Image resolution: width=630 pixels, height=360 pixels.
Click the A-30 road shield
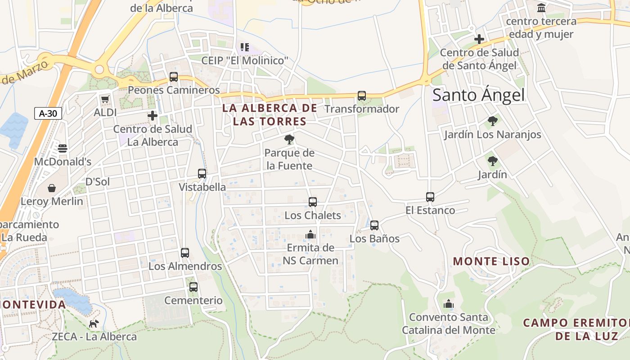[48, 113]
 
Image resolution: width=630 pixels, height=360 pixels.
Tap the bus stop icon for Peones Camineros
[174, 77]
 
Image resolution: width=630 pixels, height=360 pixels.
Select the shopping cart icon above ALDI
[105, 99]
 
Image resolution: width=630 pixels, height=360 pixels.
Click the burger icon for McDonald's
[63, 148]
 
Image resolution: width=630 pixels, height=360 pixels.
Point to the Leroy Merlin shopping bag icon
[52, 188]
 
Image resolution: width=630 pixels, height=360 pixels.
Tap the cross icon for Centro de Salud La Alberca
[153, 116]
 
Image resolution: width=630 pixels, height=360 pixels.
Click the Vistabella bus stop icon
[202, 174]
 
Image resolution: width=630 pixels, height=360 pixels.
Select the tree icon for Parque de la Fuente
[289, 139]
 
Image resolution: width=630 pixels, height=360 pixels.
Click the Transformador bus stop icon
[362, 96]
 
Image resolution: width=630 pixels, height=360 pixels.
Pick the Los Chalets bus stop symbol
[313, 202]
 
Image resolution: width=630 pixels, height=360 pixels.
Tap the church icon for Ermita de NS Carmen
[310, 234]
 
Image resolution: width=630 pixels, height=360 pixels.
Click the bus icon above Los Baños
[374, 225]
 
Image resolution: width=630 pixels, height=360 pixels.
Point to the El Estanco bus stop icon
[430, 197]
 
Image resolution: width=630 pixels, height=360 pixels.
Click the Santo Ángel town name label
[478, 95]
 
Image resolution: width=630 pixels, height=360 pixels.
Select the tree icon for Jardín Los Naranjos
[493, 121]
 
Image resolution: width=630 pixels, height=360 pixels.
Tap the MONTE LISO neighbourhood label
[491, 261]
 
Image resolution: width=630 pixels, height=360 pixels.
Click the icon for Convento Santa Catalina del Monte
[448, 304]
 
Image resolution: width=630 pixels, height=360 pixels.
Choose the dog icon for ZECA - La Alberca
[94, 324]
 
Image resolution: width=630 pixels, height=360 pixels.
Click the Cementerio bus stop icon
[193, 287]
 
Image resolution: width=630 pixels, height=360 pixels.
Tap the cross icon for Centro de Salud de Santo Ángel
[479, 40]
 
